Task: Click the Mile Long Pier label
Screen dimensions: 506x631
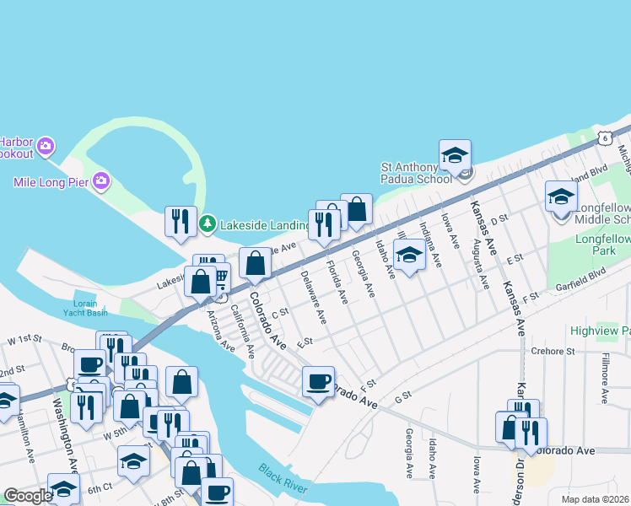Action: (x=51, y=181)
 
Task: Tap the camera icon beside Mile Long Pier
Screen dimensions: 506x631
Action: (x=101, y=180)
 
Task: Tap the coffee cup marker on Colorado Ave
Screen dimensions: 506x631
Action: (x=319, y=381)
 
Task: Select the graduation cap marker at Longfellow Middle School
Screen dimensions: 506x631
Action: (x=561, y=197)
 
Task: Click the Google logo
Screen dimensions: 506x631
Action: (x=28, y=496)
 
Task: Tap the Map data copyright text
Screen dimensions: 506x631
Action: (x=595, y=499)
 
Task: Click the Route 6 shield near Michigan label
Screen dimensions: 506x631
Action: (x=605, y=137)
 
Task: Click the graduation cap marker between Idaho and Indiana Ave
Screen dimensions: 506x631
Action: (x=409, y=255)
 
